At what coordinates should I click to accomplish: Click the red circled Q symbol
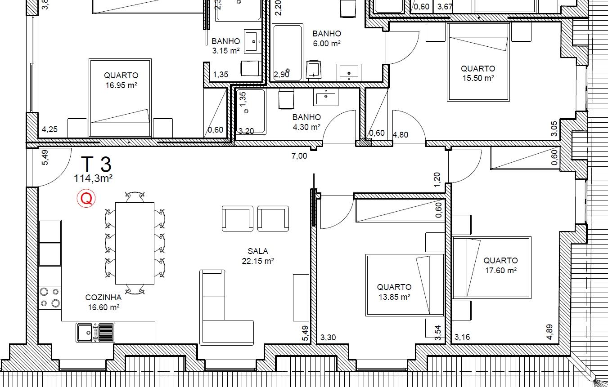86,198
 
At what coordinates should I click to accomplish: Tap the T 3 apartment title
96,164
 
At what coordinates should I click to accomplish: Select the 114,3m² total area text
93,178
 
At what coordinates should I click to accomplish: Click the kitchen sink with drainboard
95,332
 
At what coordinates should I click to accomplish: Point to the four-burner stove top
50,298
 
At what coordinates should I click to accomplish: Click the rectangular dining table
135,243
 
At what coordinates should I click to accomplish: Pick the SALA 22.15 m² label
258,256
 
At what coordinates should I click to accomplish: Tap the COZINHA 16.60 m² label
104,302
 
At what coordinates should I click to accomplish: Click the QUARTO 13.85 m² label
394,292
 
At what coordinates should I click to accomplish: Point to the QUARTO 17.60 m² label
500,265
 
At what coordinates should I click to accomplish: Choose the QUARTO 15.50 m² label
478,73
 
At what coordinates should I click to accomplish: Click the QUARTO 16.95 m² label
121,80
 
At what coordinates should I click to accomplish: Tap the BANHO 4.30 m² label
306,122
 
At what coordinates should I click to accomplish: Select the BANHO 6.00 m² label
327,38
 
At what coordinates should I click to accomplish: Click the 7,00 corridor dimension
299,156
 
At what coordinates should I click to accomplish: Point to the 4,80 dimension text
401,135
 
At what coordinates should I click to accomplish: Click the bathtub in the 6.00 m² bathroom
288,52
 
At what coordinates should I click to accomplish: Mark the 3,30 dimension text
328,338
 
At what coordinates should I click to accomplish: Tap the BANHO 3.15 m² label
226,46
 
